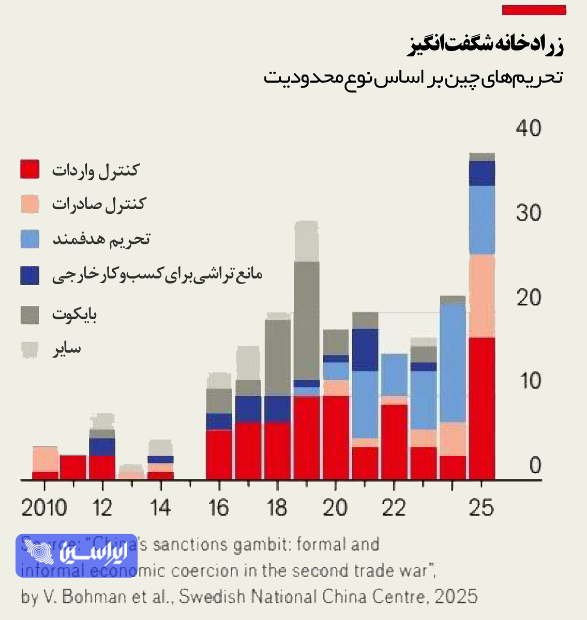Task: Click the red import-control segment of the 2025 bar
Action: pyautogui.click(x=481, y=408)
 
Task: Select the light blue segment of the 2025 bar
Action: pyautogui.click(x=481, y=220)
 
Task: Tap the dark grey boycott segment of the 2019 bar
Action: pyautogui.click(x=307, y=320)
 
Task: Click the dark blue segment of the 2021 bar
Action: pyautogui.click(x=365, y=350)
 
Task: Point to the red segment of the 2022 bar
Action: pyautogui.click(x=394, y=442)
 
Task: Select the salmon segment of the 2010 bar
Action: pyautogui.click(x=45, y=459)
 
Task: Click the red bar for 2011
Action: pyautogui.click(x=73, y=467)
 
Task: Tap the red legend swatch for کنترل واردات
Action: pyautogui.click(x=30, y=169)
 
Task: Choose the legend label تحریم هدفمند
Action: pyautogui.click(x=101, y=239)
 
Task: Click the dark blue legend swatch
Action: pyautogui.click(x=30, y=275)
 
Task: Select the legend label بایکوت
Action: pyautogui.click(x=74, y=314)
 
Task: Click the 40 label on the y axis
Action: pyautogui.click(x=528, y=128)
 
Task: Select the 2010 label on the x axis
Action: pyautogui.click(x=44, y=508)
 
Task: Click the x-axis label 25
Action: pyautogui.click(x=481, y=508)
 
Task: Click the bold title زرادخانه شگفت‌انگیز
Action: pyautogui.click(x=485, y=45)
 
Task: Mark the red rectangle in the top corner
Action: pyautogui.click(x=534, y=10)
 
